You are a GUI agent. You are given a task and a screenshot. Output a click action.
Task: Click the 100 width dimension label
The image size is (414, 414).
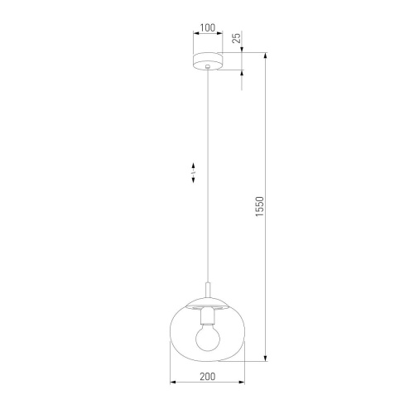(x=207, y=27)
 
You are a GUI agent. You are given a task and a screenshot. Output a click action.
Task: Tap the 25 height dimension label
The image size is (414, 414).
(x=237, y=37)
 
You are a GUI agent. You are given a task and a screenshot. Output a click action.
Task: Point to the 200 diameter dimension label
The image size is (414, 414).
(x=207, y=375)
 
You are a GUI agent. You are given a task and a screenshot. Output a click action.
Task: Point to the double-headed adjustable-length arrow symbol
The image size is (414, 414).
(x=193, y=171)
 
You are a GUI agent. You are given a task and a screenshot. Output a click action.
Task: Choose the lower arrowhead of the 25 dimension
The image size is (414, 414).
(x=242, y=73)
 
